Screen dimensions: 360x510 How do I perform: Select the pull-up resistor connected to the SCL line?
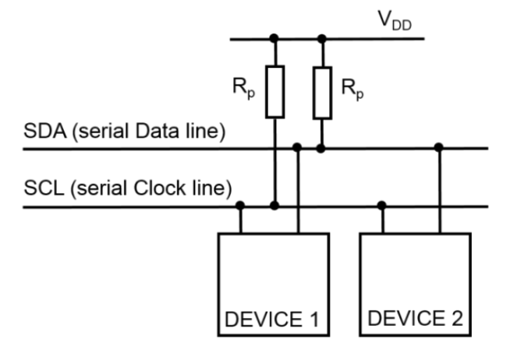coord(274,91)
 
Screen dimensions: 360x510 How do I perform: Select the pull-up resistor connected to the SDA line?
coord(322,91)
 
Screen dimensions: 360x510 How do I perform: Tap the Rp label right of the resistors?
coord(352,86)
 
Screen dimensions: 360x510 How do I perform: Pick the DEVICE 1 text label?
coord(273,319)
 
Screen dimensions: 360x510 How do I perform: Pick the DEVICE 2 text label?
coord(415,319)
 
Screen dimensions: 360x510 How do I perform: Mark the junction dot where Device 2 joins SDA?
coord(439,147)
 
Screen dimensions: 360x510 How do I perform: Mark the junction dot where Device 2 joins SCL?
coord(381,206)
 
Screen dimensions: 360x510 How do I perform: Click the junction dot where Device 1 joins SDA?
coord(297,147)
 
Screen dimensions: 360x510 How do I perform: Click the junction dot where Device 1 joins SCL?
coord(240,206)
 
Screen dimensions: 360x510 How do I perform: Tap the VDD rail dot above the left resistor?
coord(274,37)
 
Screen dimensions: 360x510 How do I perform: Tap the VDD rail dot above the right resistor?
coord(322,37)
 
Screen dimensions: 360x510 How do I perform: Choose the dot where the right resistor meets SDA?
coord(322,147)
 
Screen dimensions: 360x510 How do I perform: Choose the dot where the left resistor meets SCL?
coord(274,206)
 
